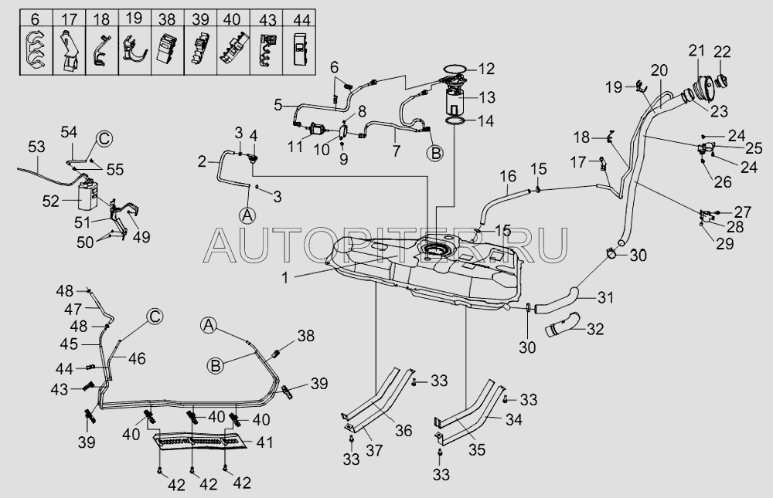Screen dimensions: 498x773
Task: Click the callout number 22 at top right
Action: click(x=721, y=53)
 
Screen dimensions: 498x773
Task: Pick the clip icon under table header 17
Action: click(x=68, y=50)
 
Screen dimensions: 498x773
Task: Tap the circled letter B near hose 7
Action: click(x=435, y=153)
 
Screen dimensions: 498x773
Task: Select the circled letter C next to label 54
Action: click(x=104, y=139)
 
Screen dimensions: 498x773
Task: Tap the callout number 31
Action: click(x=605, y=296)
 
